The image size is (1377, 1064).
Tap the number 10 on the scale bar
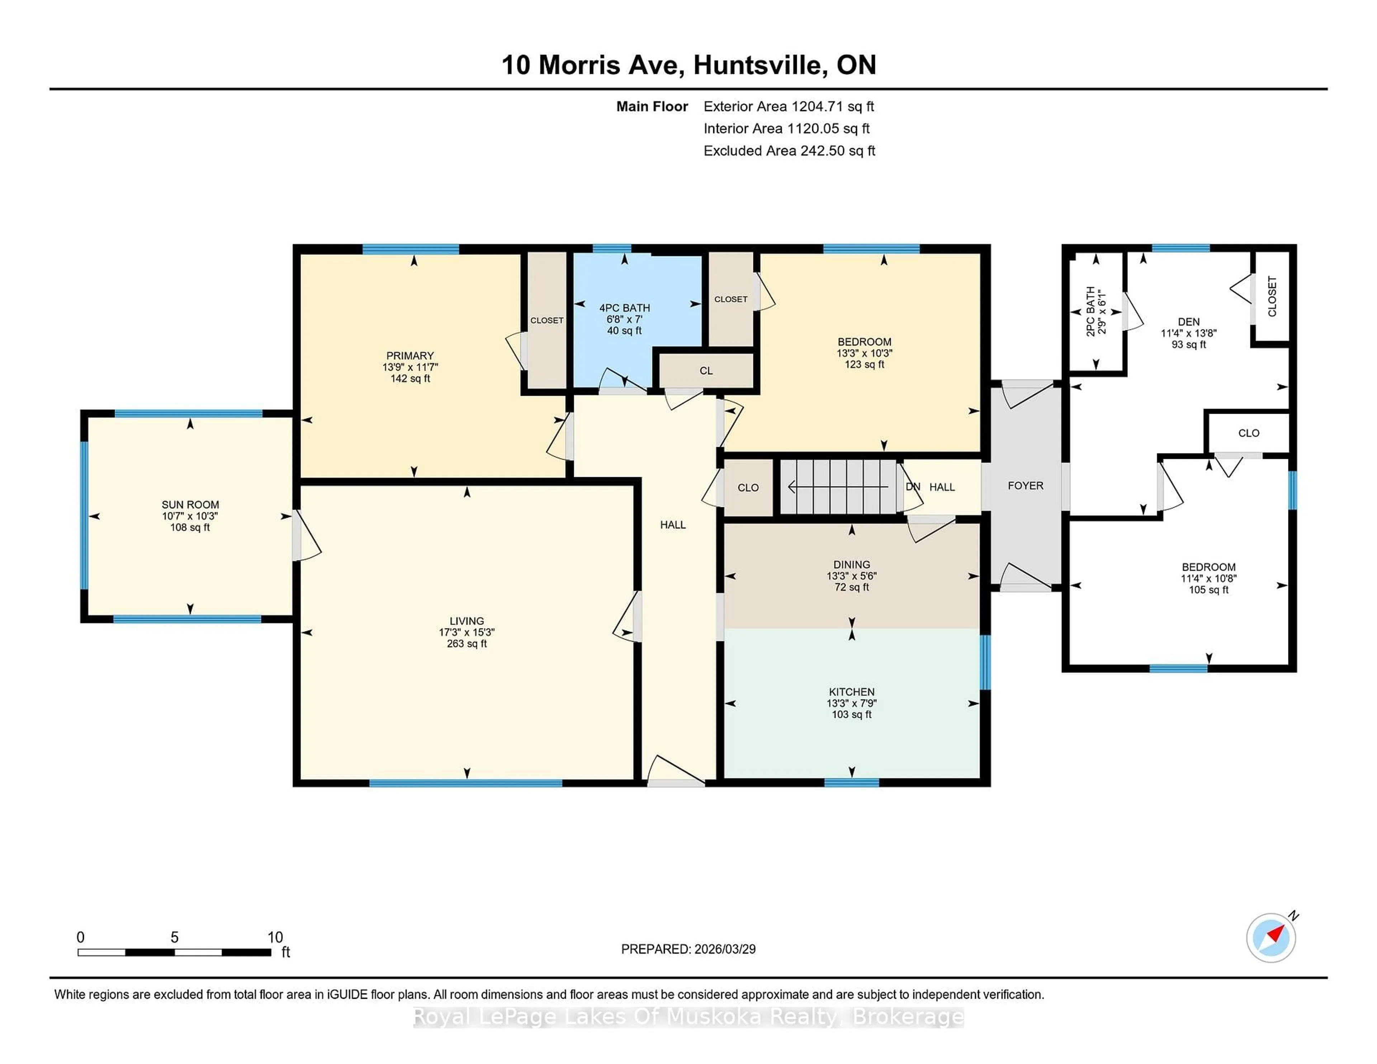[275, 937]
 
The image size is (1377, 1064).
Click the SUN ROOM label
[190, 504]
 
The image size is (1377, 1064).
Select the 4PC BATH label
[624, 308]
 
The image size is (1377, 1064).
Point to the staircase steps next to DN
[838, 486]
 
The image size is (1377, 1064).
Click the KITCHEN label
[851, 692]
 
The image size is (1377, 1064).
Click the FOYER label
[1025, 485]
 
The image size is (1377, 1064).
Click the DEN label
[1188, 322]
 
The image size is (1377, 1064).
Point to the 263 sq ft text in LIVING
[467, 643]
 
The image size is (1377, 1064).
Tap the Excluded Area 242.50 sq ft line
[789, 151]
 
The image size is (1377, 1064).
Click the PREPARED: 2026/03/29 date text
[688, 949]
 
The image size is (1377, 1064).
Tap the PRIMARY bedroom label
[410, 356]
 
